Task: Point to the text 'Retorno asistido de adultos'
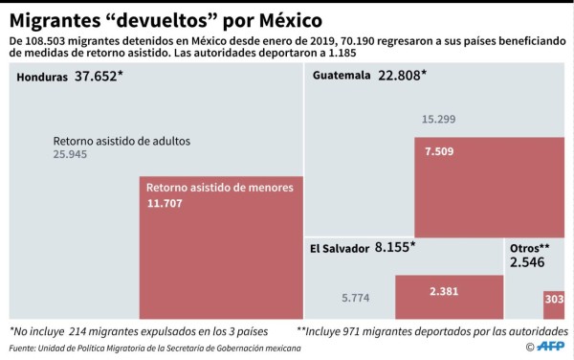click(121, 141)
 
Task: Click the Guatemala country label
click(341, 77)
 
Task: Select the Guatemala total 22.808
click(400, 76)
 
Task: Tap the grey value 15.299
click(438, 120)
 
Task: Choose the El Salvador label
click(339, 248)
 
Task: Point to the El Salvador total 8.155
click(394, 247)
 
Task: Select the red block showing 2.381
click(449, 297)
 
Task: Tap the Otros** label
click(529, 246)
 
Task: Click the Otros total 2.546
click(526, 261)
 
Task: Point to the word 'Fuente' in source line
click(26, 349)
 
